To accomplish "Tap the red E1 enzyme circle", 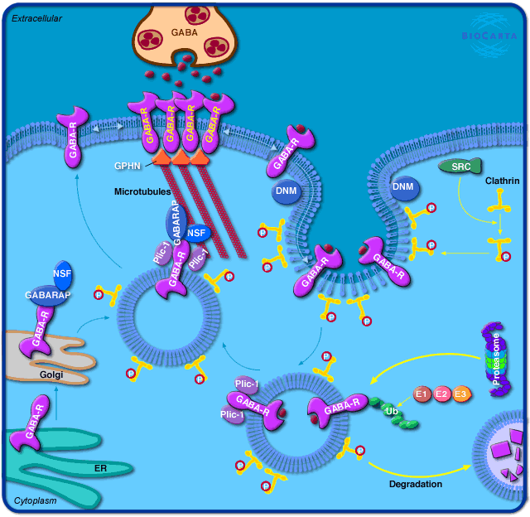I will (x=422, y=394).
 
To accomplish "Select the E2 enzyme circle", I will (x=442, y=394).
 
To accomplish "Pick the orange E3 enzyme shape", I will (x=461, y=394).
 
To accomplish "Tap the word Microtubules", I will (x=142, y=191).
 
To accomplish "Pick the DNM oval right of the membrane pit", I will (x=404, y=187).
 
